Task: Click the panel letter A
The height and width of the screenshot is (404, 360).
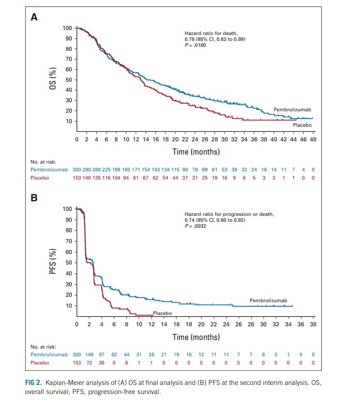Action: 34,17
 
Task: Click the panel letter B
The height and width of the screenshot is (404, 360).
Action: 34,198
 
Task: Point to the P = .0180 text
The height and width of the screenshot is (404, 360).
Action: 195,45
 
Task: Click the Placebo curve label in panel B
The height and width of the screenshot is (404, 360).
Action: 163,313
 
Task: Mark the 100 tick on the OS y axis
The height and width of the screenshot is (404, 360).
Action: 67,28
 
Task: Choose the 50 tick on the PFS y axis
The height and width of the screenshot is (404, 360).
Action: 69,263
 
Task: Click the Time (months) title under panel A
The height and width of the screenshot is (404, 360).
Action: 195,151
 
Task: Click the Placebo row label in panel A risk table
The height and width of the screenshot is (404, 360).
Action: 40,178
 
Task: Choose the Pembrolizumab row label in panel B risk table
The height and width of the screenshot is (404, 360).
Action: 49,354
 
